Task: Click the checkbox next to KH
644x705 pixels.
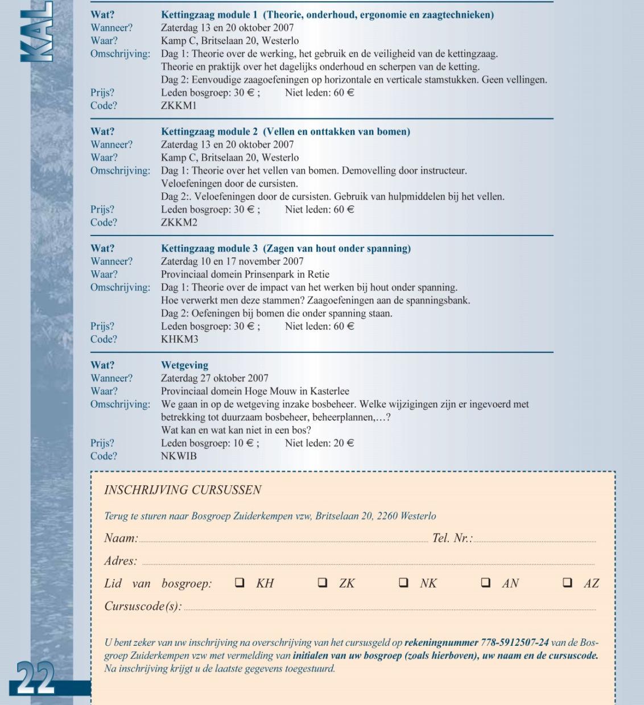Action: (x=240, y=583)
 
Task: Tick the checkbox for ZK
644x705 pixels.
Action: (x=323, y=583)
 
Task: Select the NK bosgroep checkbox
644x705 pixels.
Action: (x=403, y=583)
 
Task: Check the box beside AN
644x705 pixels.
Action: (x=486, y=583)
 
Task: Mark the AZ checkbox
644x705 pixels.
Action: (x=567, y=583)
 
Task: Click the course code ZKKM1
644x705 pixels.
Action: (x=179, y=106)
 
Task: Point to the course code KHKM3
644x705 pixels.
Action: (x=180, y=340)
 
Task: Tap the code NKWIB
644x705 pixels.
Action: (x=179, y=456)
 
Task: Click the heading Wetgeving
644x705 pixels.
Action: (x=184, y=365)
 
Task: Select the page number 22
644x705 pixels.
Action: (x=35, y=678)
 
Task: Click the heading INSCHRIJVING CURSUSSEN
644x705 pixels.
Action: (x=183, y=490)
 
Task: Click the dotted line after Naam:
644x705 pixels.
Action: (x=283, y=541)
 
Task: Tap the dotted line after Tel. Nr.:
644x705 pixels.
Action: (x=535, y=541)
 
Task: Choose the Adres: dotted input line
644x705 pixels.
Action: (x=368, y=564)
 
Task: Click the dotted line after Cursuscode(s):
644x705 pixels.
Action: (x=390, y=609)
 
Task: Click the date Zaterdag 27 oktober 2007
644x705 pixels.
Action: (x=214, y=378)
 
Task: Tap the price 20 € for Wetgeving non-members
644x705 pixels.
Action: (x=344, y=443)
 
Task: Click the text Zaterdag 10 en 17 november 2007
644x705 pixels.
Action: (x=232, y=262)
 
